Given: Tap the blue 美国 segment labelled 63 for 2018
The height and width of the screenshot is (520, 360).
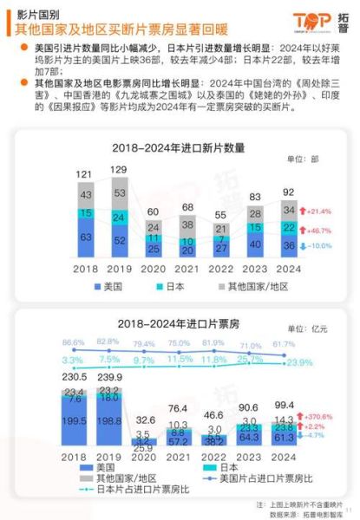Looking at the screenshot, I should [x=86, y=235].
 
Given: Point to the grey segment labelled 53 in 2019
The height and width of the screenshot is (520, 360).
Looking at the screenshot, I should [x=119, y=192].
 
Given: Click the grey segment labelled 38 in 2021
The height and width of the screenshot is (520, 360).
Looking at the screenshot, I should [x=187, y=224].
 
